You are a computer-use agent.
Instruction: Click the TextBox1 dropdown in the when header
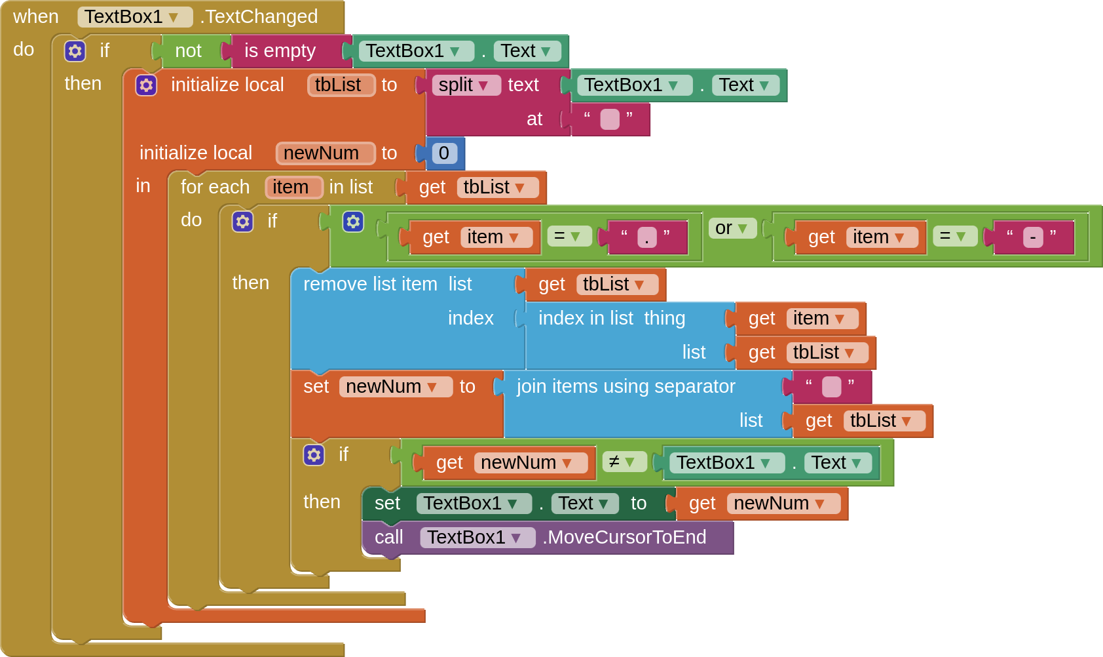[x=134, y=17]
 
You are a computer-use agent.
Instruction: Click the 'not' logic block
[x=188, y=51]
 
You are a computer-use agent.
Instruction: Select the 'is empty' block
[x=280, y=51]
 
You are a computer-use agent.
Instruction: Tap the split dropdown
[x=465, y=85]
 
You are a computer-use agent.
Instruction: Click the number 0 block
[x=444, y=153]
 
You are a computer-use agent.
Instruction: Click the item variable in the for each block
[x=293, y=188]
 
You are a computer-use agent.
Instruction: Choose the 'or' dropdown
[x=732, y=228]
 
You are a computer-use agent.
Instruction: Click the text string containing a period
[x=646, y=237]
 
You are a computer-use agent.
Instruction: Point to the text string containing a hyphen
[x=1032, y=237]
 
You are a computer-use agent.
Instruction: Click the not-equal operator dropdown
[x=623, y=462]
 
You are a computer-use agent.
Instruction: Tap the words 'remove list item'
[x=370, y=285]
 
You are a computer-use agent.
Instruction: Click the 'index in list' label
[x=586, y=319]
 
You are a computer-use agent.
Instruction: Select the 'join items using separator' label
[x=626, y=387]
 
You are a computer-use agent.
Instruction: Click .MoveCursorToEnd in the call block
[x=625, y=538]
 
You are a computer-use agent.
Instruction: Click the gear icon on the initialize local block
[x=146, y=85]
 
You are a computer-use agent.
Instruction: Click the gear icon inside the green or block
[x=353, y=222]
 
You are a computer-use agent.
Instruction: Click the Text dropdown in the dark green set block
[x=584, y=504]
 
